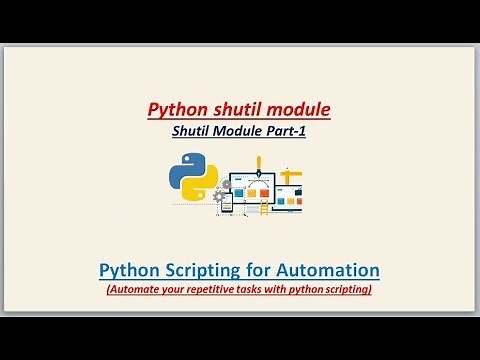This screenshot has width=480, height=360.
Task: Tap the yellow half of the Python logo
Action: pyautogui.click(x=199, y=187)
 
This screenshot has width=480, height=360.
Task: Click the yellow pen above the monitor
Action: pyautogui.click(x=258, y=163)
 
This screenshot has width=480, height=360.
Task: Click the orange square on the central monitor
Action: pyautogui.click(x=252, y=186)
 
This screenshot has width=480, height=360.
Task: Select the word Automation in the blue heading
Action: pyautogui.click(x=330, y=270)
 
